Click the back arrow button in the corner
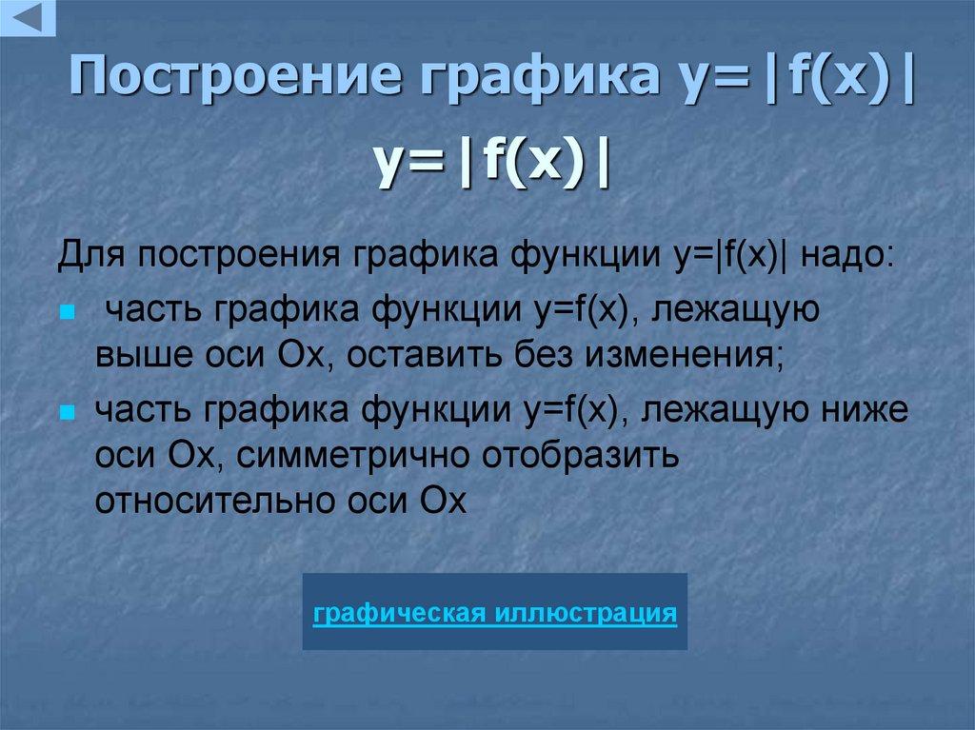pos(29,17)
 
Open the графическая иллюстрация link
pos(495,612)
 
